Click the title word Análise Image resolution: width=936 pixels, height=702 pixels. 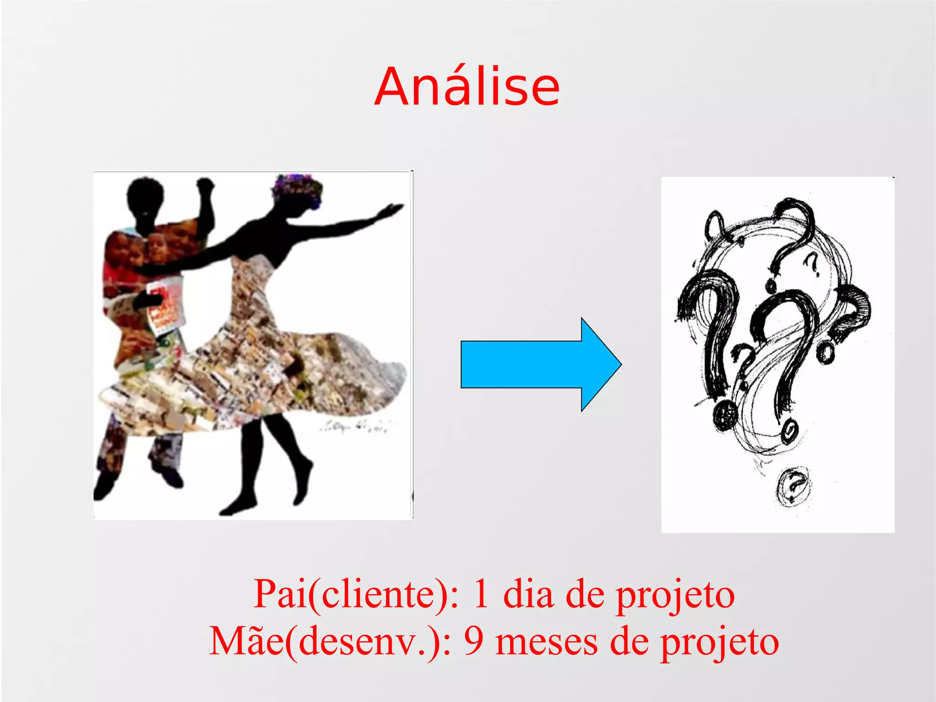(x=467, y=87)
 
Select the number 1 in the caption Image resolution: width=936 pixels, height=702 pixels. (x=481, y=594)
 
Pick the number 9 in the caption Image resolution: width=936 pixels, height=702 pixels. (x=473, y=641)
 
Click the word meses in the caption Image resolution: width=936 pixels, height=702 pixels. (x=547, y=641)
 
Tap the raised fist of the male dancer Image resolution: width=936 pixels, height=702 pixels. (x=205, y=185)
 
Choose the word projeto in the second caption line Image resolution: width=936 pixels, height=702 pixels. (x=719, y=641)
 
